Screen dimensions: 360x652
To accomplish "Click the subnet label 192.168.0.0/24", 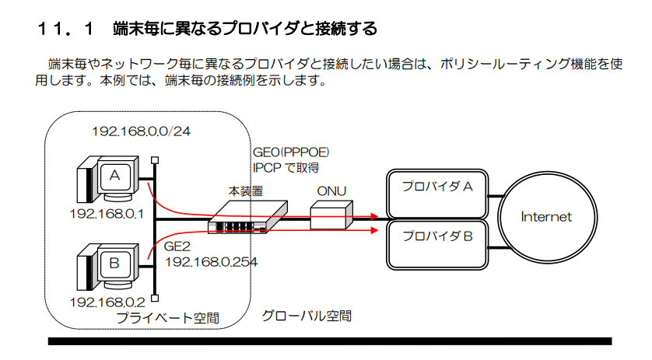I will click(141, 131).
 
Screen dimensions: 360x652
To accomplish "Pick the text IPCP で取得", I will click(286, 167).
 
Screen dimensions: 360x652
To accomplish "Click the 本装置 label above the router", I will click(246, 190).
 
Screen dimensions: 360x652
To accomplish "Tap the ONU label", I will click(331, 191).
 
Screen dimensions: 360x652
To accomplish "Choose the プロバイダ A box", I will click(437, 195).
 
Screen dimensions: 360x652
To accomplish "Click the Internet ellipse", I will click(545, 217).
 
